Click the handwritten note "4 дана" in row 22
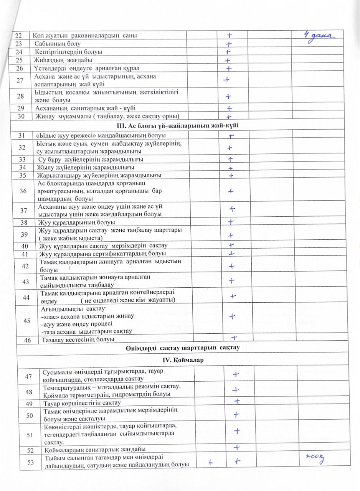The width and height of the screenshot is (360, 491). [x=319, y=36]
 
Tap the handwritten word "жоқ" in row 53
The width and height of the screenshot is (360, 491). [x=315, y=458]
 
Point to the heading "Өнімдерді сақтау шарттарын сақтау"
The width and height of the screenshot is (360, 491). [x=182, y=348]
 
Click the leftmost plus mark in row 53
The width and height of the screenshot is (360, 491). [x=210, y=463]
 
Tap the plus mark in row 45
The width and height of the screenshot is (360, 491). [x=232, y=316]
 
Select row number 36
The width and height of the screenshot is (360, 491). [x=23, y=191]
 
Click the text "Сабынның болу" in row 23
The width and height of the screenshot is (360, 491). [x=58, y=44]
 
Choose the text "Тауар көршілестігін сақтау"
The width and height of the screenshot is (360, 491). [x=83, y=403]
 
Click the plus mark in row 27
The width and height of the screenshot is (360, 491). [x=226, y=80]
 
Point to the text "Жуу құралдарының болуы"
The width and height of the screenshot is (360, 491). [x=77, y=222]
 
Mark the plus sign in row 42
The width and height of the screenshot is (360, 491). [x=231, y=266]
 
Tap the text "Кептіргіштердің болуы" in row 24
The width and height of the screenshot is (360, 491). [x=69, y=52]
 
